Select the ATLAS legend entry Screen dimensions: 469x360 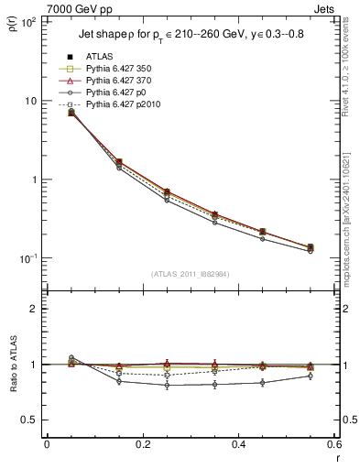101,55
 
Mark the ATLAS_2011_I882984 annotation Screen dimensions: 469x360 190,273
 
